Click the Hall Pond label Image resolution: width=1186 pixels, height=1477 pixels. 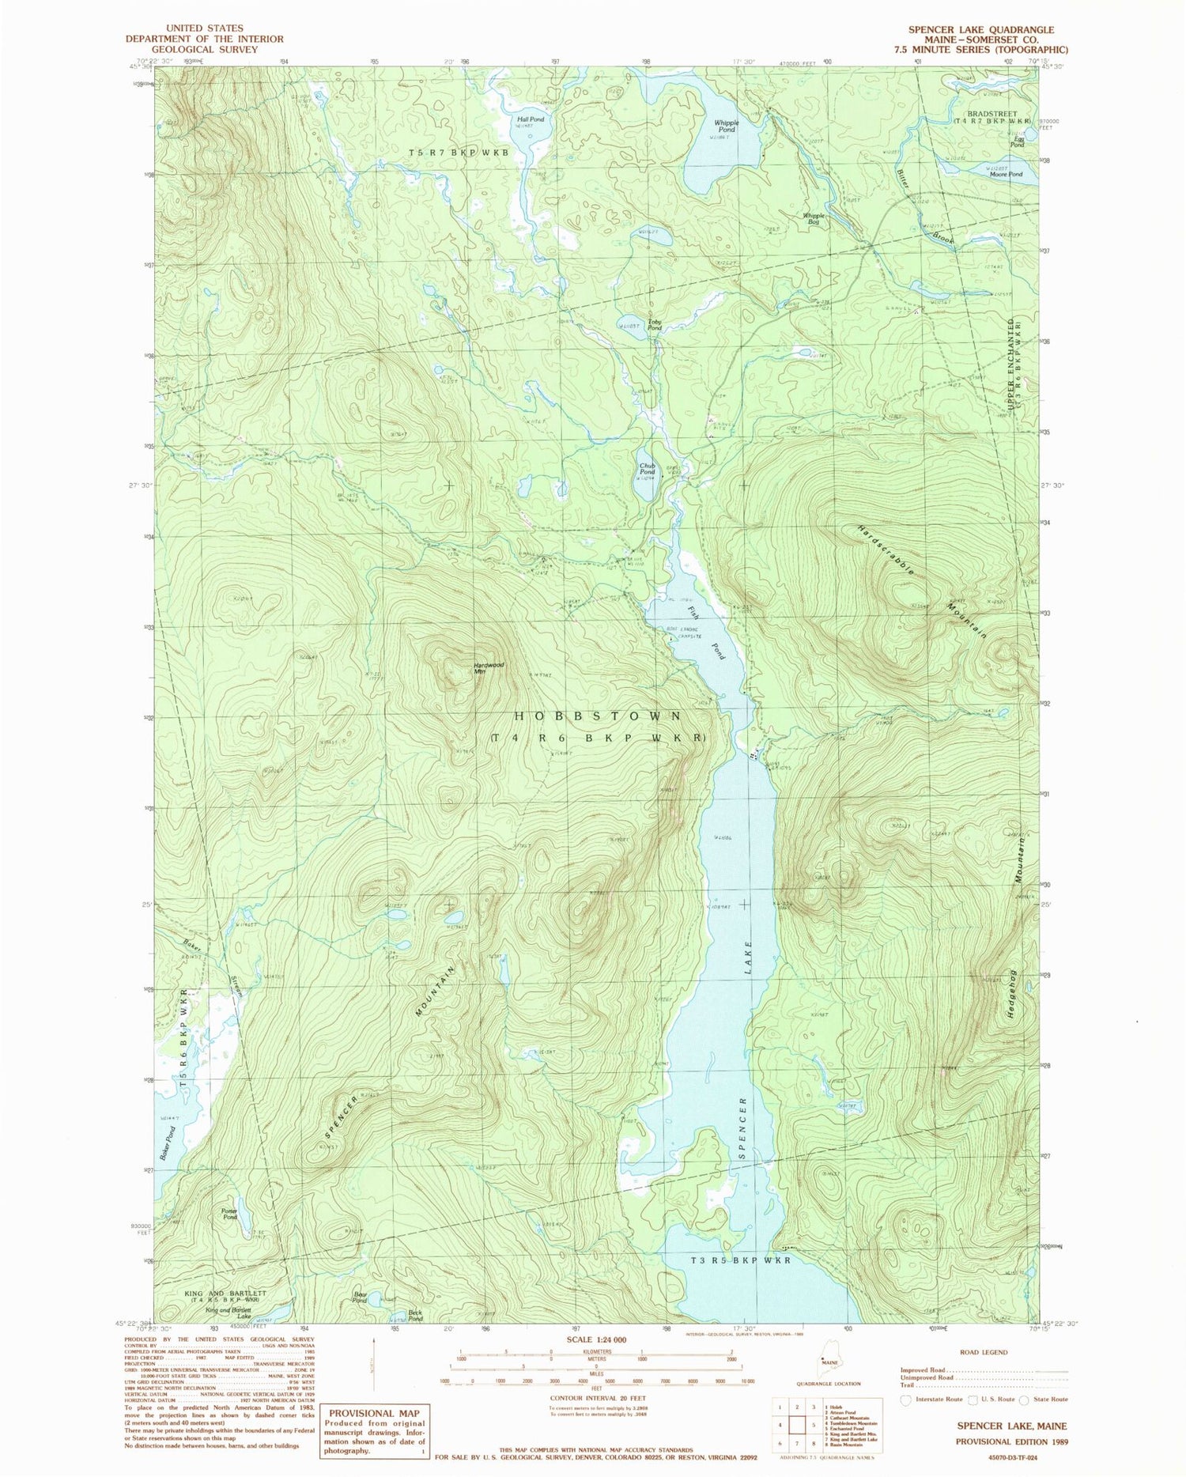coord(531,119)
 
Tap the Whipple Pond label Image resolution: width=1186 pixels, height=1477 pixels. coord(726,126)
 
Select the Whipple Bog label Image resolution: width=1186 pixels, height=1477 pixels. coord(814,218)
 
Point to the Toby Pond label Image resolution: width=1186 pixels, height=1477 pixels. coord(655,324)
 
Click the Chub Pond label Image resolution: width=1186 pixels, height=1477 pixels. coord(648,469)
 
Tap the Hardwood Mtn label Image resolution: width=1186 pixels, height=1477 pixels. coord(489,668)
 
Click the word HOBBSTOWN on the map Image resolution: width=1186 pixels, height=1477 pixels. coord(598,716)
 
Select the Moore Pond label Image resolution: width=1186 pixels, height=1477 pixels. coord(1006,174)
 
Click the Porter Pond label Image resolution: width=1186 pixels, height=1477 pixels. coord(229,1214)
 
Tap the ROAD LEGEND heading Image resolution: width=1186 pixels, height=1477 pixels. coord(984,1352)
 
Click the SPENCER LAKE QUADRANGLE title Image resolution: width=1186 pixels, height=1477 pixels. coord(980,29)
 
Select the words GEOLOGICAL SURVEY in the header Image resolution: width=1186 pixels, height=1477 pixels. coord(205,49)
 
